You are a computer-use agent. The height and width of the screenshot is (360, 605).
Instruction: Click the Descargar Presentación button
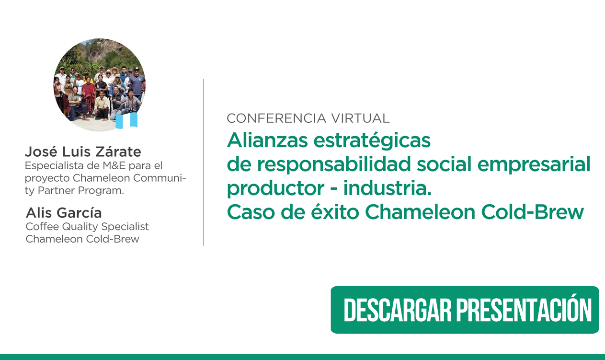click(465, 310)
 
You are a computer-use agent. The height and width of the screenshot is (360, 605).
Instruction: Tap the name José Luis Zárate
click(83, 151)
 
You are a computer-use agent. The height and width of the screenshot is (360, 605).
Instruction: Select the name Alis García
click(64, 212)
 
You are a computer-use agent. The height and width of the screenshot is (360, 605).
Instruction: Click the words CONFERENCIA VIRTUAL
click(308, 118)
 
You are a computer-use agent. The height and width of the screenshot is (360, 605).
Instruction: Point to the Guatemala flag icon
click(126, 120)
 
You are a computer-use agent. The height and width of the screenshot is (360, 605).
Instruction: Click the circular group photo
click(100, 85)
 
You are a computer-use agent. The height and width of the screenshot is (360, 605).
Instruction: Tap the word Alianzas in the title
click(267, 140)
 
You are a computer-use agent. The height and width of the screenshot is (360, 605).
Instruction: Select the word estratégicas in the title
click(372, 141)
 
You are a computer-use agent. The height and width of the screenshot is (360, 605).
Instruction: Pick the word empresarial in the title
click(534, 164)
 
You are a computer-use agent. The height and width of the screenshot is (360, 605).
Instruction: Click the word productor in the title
click(275, 189)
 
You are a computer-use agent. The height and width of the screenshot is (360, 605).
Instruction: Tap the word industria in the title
click(388, 188)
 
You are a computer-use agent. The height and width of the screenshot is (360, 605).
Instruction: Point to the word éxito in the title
click(335, 212)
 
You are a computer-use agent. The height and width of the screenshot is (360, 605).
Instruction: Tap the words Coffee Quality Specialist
click(87, 227)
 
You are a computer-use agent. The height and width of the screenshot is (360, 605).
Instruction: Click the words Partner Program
click(81, 190)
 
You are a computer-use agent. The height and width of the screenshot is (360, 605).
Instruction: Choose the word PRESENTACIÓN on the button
click(524, 310)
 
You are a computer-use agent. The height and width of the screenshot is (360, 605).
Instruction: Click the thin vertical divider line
click(204, 162)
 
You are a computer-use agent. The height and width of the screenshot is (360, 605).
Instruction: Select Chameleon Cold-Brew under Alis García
click(82, 239)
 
